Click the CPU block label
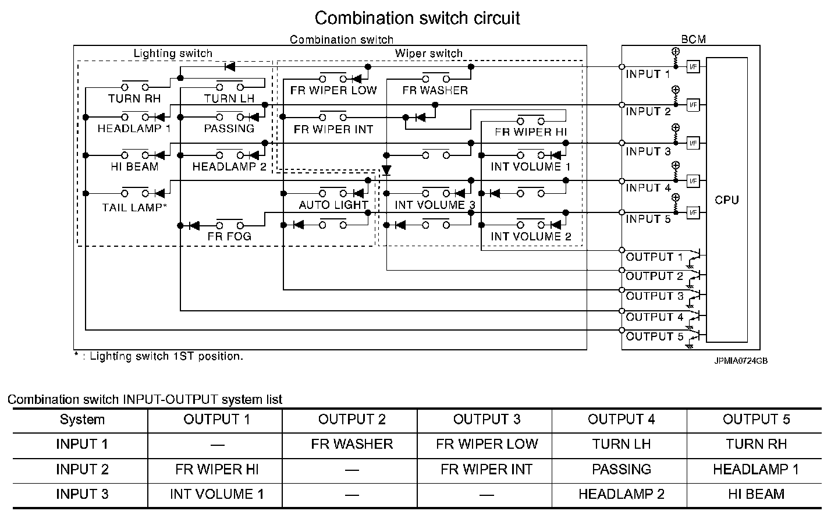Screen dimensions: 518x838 click(726, 200)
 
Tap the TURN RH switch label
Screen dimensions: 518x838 click(134, 98)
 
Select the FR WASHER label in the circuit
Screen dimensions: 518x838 click(435, 90)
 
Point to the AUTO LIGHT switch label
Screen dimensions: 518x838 click(333, 205)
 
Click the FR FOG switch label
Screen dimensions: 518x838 click(229, 236)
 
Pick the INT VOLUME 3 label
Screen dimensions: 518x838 click(434, 205)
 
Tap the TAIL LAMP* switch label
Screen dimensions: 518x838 click(135, 207)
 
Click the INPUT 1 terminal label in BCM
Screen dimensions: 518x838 click(647, 74)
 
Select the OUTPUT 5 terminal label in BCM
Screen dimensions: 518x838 click(655, 336)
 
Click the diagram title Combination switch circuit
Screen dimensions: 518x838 click(417, 18)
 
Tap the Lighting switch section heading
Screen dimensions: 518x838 click(173, 54)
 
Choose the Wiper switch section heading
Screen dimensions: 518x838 click(429, 54)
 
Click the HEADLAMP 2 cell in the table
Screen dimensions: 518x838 click(621, 494)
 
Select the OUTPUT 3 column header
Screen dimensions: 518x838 click(486, 420)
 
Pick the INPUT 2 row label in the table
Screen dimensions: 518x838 click(82, 469)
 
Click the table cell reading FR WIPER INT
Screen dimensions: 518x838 click(486, 469)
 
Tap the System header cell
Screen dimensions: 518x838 click(82, 420)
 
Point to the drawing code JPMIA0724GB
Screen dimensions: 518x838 click(741, 361)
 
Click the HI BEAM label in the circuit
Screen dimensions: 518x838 click(134, 166)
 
